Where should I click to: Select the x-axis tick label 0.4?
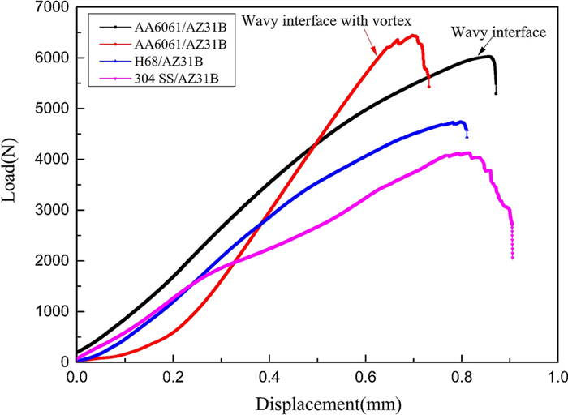pos(269,377)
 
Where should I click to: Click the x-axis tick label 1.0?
pos(557,377)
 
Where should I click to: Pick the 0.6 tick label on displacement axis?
pos(365,377)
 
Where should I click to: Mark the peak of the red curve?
pos(414,35)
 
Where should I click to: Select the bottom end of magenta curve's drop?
pos(512,259)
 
